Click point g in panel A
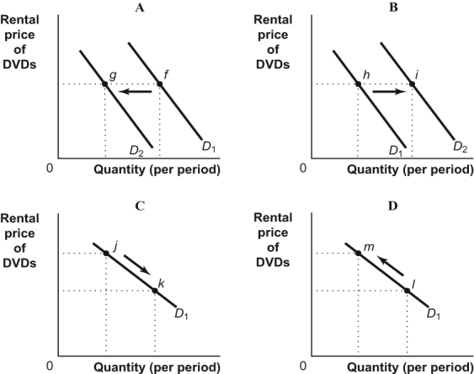tap(104, 83)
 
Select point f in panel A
tap(159, 83)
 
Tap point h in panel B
tap(358, 83)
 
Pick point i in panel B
tap(412, 83)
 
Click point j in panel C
tap(106, 253)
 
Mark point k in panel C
tap(154, 291)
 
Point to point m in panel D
tap(358, 253)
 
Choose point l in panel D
tap(407, 291)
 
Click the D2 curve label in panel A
tap(135, 151)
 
